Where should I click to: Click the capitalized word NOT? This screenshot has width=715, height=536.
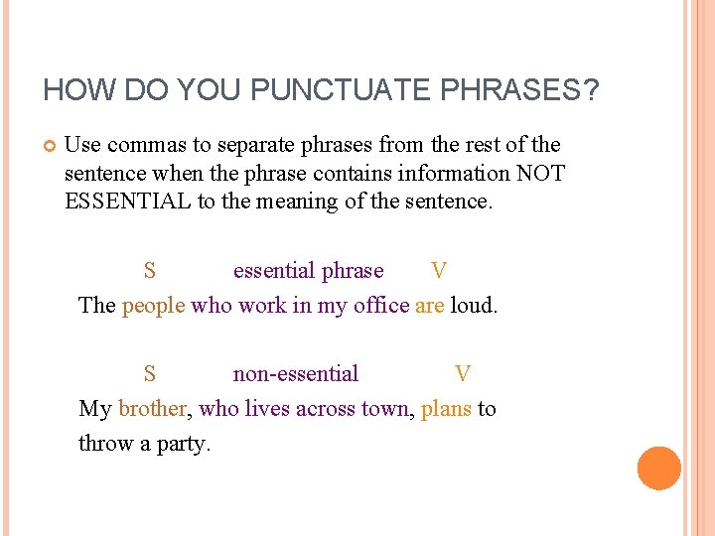540,173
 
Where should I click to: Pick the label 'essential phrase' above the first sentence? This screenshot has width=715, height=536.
308,271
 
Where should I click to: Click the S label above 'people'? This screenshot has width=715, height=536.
149,271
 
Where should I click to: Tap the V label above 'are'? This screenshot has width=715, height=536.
439,271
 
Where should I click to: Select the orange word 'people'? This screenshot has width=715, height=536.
153,306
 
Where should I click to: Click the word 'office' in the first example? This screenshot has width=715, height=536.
382,306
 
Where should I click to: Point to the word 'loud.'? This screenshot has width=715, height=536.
474,306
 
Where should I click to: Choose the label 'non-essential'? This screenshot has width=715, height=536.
296,374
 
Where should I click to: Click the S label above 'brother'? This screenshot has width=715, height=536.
149,374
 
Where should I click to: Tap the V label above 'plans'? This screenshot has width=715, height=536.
463,374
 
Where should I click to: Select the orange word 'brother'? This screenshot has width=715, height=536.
152,409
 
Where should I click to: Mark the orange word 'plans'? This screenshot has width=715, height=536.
446,409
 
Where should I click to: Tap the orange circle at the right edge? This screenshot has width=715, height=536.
659,469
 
